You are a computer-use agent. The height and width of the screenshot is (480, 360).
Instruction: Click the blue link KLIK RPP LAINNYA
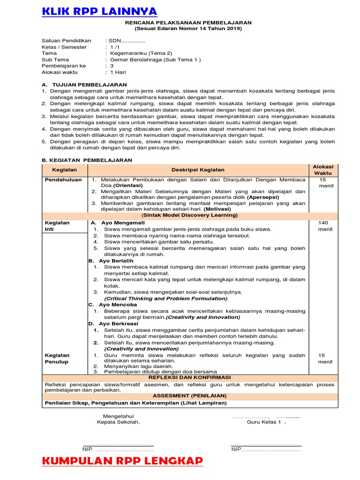100,11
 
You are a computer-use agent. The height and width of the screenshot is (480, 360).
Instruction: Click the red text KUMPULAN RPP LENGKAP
122,461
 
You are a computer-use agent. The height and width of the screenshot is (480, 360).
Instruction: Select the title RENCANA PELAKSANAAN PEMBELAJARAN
188,22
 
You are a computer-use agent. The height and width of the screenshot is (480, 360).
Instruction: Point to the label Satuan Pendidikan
66,41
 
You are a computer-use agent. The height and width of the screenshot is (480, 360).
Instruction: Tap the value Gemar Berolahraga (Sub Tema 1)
155,60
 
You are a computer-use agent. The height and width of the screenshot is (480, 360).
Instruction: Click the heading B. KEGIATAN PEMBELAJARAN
87,160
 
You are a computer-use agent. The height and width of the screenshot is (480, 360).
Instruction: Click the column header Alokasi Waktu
323,170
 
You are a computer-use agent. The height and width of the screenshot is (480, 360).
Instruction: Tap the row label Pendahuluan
63,180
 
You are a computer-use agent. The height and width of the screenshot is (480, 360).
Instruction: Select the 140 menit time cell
323,226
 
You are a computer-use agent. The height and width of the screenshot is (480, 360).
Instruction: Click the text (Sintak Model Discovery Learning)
189,215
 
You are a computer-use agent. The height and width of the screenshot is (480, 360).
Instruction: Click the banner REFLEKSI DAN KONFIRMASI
189,377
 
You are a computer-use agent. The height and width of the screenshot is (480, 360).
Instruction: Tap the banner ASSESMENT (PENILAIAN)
189,396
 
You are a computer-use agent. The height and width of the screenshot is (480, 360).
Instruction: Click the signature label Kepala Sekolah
118,421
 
